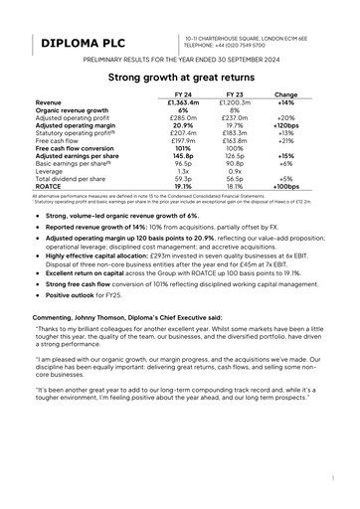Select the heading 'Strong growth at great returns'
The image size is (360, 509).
[179, 76]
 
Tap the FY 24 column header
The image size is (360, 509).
[184, 94]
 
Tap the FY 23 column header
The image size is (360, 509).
[235, 94]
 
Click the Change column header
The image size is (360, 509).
[287, 94]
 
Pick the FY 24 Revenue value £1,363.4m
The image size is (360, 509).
[184, 102]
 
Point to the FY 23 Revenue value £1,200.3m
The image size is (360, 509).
[235, 102]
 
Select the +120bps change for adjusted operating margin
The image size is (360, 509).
[287, 125]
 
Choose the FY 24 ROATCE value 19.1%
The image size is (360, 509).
[184, 186]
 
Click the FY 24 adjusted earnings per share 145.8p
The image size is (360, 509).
[184, 156]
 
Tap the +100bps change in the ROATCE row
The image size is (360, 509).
[287, 186]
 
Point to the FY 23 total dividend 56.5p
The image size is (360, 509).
[235, 179]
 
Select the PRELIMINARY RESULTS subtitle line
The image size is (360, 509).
[179, 61]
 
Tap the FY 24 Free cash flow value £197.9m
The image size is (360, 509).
[184, 140]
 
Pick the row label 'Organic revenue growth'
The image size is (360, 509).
[73, 110]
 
